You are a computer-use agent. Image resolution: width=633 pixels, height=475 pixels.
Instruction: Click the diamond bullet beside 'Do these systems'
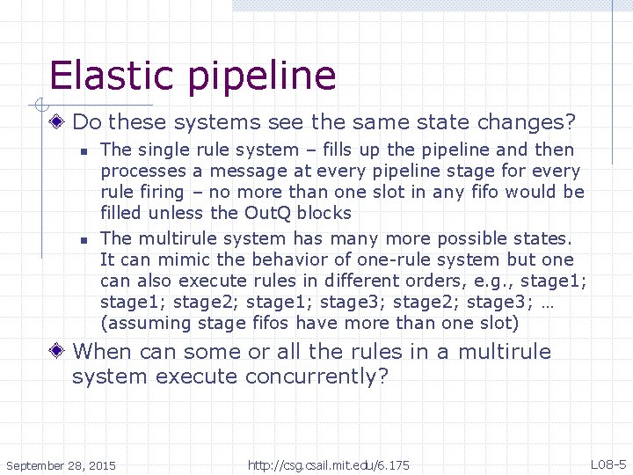click(x=58, y=121)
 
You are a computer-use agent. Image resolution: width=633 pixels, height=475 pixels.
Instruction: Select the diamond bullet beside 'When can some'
click(x=58, y=352)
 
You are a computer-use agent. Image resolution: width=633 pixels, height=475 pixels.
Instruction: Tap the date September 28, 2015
click(x=60, y=464)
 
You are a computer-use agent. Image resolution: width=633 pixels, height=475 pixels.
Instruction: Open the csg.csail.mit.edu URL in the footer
click(x=328, y=464)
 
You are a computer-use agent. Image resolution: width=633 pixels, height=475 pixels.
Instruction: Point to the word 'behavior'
click(x=293, y=259)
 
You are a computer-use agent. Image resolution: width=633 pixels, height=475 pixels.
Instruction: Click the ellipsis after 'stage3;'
click(x=569, y=302)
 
